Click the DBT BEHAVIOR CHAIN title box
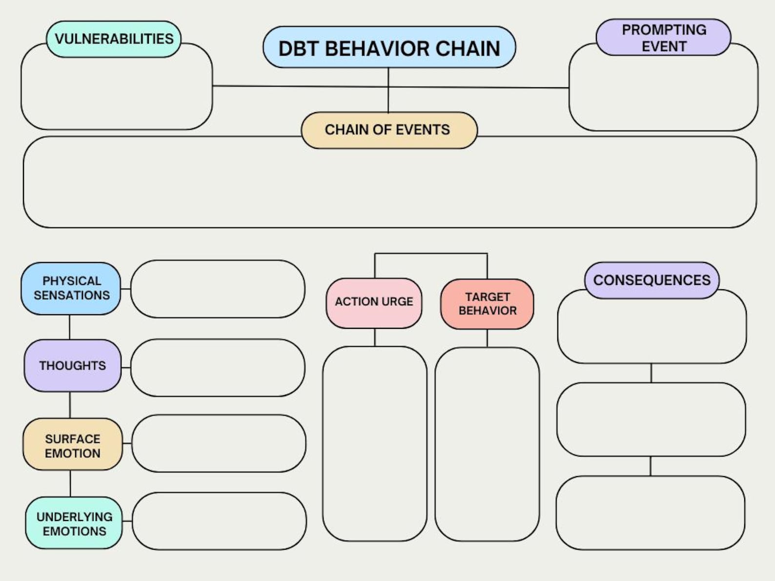coord(389,47)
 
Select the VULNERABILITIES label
coord(114,39)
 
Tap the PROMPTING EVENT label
coord(663,38)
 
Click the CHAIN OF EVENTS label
coord(388,130)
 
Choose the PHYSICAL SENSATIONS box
coord(71,288)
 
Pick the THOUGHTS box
coord(72,365)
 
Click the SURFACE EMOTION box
coord(72,444)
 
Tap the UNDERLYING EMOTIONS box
coord(74,523)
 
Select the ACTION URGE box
coord(374,302)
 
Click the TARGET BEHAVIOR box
coord(487,304)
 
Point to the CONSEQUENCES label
coord(652,280)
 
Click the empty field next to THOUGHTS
coord(218,367)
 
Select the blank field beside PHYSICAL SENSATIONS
coord(218,289)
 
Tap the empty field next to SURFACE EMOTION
coord(218,443)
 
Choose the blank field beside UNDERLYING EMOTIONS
coord(219,521)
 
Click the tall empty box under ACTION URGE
coord(374,443)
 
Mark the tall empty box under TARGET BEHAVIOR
coord(487,444)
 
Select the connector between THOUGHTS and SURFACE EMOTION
coord(70,404)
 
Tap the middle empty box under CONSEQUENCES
coord(651,420)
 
